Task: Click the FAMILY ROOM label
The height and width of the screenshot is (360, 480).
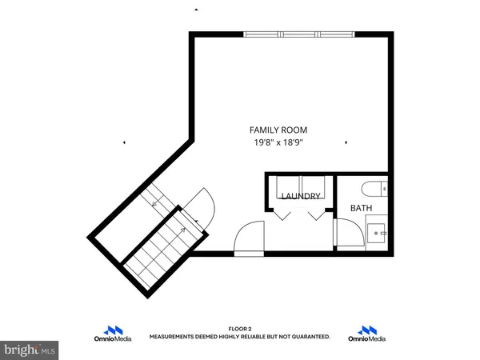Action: tap(278, 130)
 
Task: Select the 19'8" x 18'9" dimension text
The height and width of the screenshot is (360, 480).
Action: tap(278, 142)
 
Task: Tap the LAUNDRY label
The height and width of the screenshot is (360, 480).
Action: tap(301, 196)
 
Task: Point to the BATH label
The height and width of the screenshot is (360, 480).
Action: tap(362, 208)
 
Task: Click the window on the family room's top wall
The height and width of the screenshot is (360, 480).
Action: tap(298, 34)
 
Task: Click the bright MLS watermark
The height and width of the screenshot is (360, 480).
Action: tap(30, 350)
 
